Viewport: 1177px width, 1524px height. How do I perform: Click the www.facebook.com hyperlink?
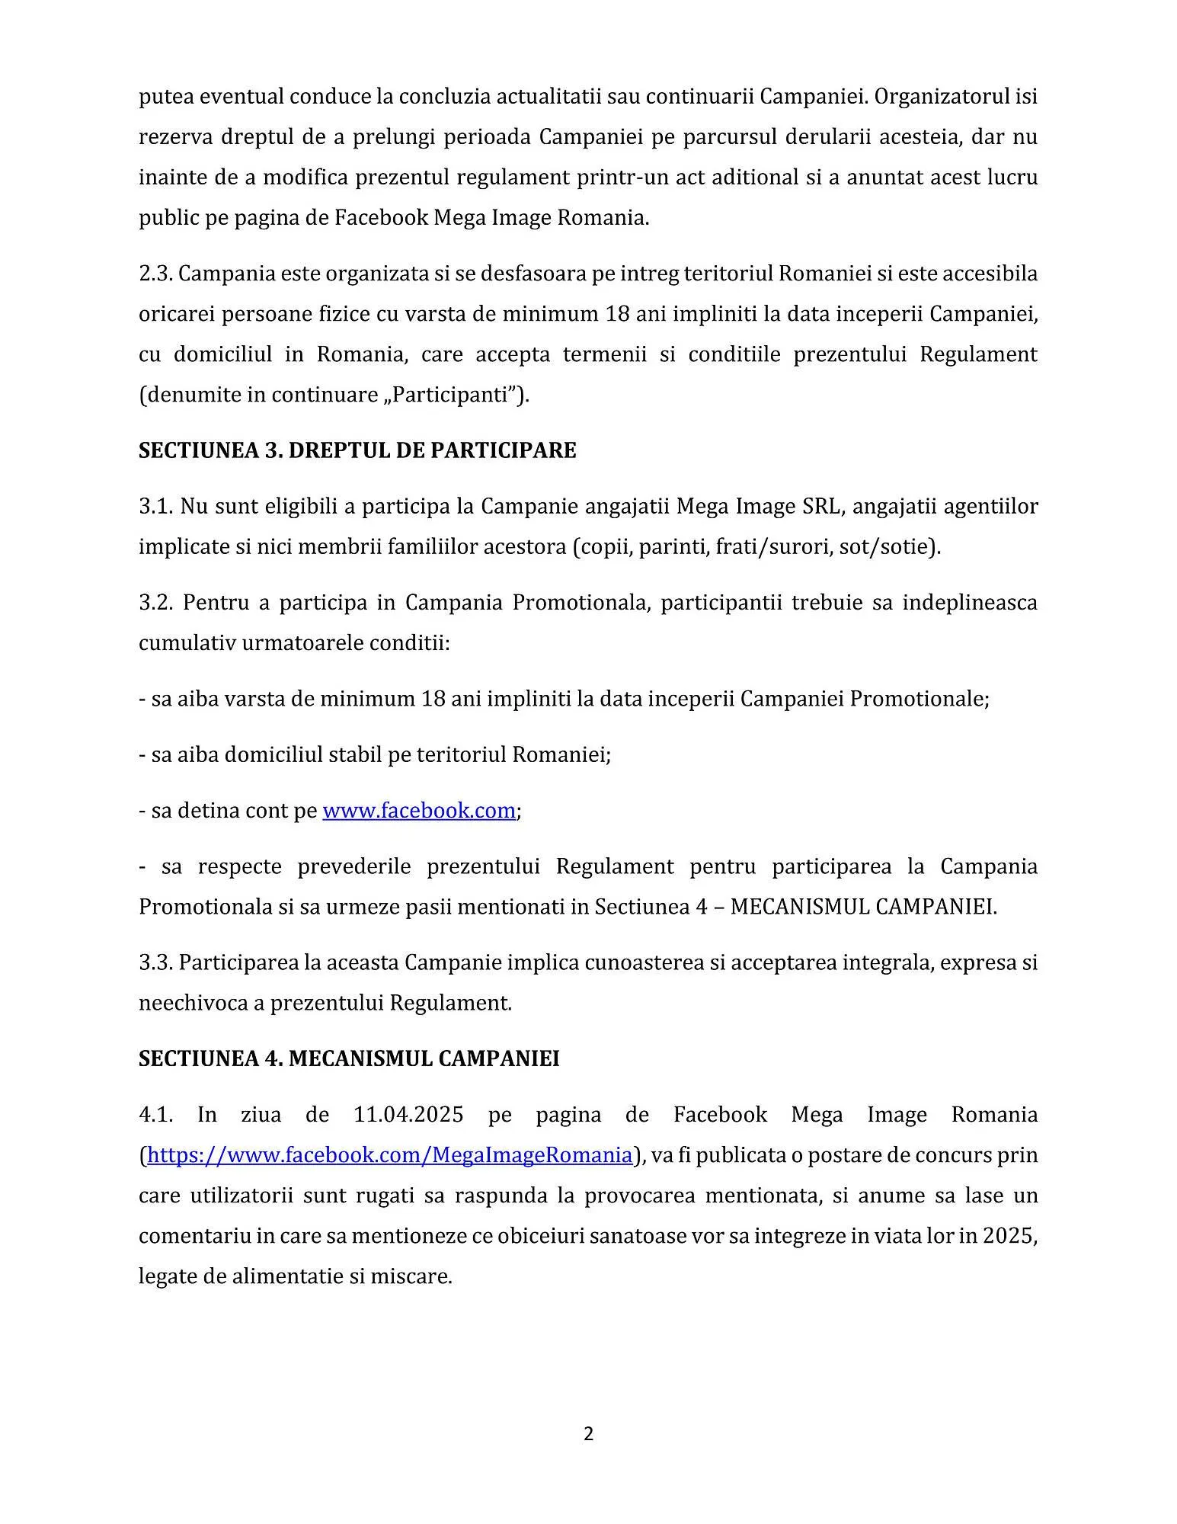pos(419,810)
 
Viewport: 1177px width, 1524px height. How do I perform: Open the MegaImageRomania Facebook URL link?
pos(389,1155)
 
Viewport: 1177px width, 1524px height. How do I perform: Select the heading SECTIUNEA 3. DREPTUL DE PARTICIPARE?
pos(357,450)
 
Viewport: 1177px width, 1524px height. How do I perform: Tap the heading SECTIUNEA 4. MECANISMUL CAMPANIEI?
pos(349,1058)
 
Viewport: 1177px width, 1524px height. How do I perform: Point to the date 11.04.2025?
pos(408,1115)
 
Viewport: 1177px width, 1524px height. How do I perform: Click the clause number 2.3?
pos(155,274)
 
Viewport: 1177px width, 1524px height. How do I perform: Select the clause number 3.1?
pos(155,507)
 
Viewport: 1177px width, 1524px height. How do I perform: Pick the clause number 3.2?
pos(155,603)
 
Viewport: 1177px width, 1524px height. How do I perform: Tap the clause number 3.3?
pos(155,962)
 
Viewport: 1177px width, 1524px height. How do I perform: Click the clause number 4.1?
pos(155,1115)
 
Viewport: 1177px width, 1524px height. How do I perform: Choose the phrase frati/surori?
pos(772,547)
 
